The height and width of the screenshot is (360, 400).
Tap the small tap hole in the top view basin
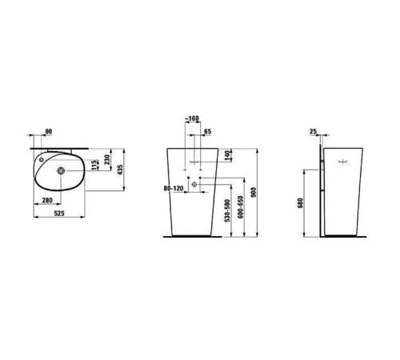pyautogui.click(x=40, y=159)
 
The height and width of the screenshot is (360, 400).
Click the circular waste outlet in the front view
pyautogui.click(x=193, y=186)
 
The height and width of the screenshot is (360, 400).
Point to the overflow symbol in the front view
pyautogui.click(x=193, y=162)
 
